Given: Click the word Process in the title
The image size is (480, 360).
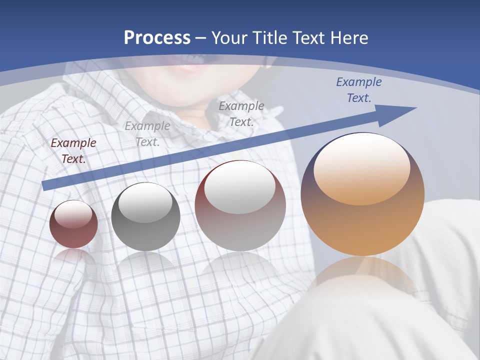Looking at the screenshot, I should [157, 38].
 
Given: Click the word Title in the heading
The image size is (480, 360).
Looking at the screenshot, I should [268, 38].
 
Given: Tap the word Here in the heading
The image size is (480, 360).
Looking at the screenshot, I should [348, 38].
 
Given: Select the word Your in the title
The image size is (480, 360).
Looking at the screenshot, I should [229, 38].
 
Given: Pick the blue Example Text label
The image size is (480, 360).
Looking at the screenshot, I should [358, 90].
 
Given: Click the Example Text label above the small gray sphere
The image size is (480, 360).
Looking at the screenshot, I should [147, 134].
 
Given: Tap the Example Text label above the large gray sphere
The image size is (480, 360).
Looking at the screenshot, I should [241, 113].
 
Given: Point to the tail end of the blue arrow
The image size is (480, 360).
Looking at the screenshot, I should [46, 185].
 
